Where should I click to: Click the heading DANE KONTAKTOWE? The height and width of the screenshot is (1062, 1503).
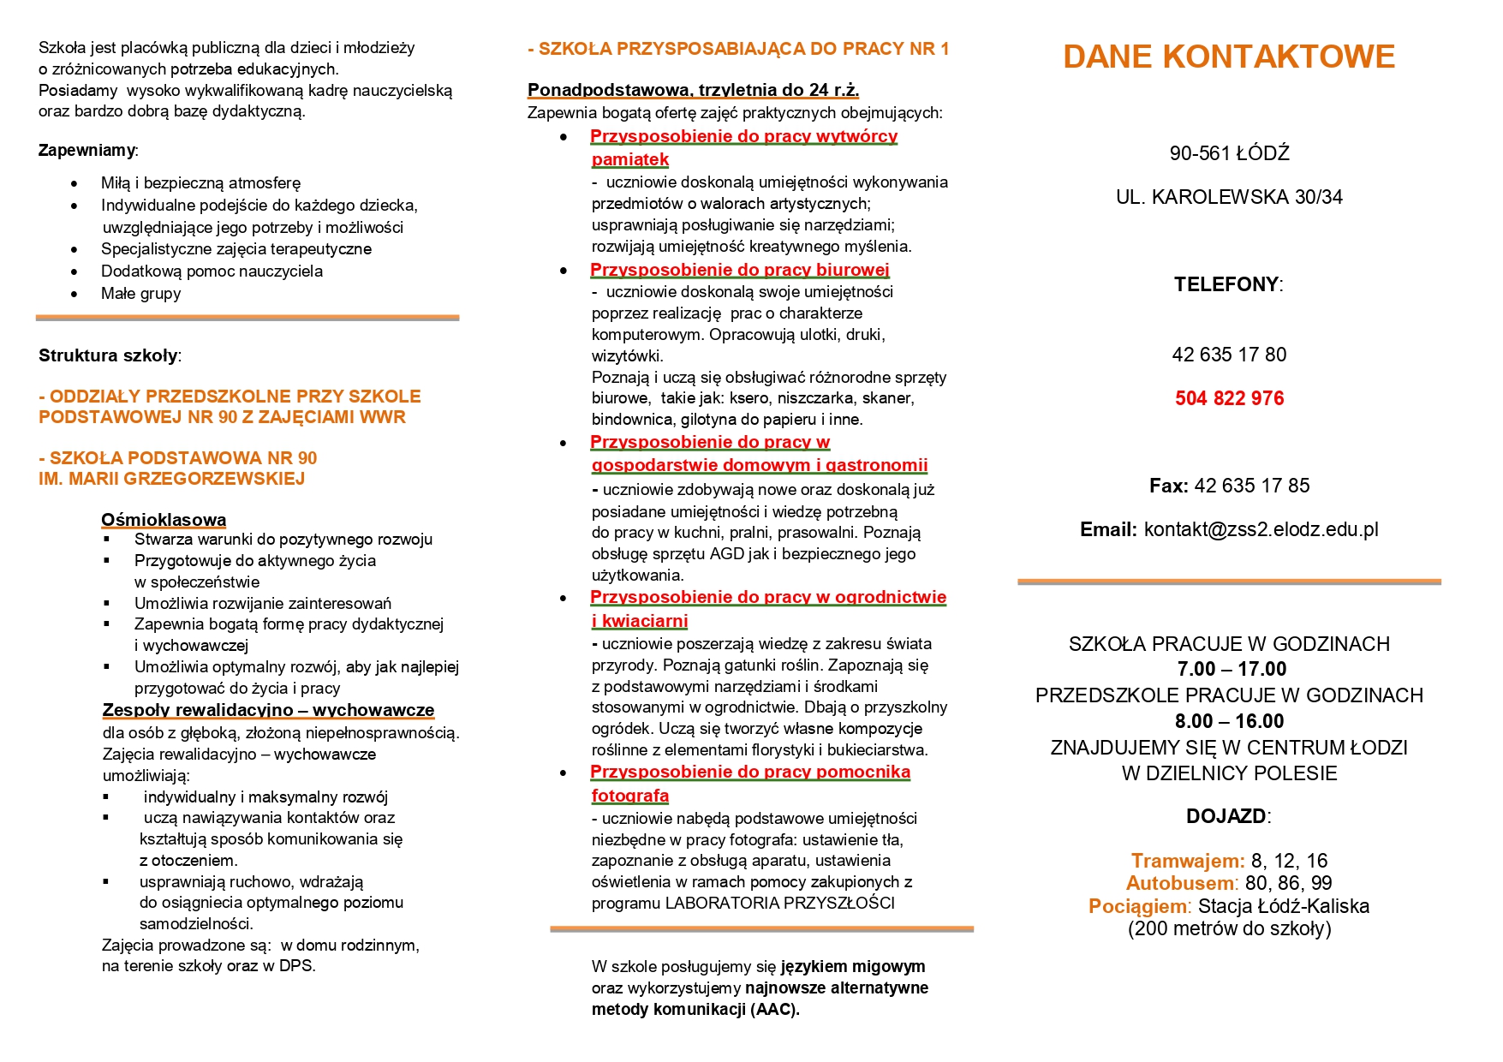(1229, 57)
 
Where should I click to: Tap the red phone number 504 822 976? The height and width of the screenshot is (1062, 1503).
(1229, 398)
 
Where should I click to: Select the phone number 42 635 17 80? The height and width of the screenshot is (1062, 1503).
(1229, 355)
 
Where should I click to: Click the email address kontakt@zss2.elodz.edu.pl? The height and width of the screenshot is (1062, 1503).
(1261, 529)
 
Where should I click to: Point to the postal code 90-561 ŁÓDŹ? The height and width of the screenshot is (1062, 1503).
(1229, 153)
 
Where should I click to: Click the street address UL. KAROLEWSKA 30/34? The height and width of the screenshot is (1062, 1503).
(1229, 197)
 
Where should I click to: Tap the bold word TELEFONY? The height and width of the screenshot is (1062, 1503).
(1226, 284)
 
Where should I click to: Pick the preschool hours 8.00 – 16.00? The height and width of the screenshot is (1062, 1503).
(1229, 721)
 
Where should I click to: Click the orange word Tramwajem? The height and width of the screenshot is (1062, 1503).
(1187, 861)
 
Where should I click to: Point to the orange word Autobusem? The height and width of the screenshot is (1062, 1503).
(1181, 883)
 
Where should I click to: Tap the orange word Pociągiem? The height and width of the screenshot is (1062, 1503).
(1139, 906)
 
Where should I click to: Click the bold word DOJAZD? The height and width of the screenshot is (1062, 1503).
(1226, 816)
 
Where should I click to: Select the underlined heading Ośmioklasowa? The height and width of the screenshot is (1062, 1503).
(164, 520)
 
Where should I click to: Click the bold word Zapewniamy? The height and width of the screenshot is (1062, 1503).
(86, 151)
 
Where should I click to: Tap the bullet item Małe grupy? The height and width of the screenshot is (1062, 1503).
(140, 294)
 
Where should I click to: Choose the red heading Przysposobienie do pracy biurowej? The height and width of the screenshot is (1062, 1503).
(740, 270)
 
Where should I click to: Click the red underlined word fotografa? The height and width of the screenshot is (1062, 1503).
(630, 796)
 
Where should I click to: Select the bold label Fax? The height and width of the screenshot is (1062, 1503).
(1168, 486)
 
